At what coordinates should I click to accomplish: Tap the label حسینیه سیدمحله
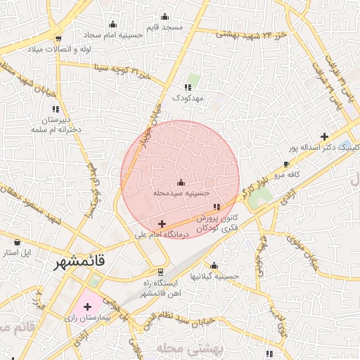(x=182, y=191)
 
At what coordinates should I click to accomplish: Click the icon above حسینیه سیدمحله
(x=181, y=182)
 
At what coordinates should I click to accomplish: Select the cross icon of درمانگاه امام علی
(x=162, y=224)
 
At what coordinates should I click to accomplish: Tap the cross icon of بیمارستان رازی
(x=87, y=307)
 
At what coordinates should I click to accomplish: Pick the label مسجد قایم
(x=163, y=26)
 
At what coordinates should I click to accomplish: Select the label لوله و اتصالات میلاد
(x=56, y=49)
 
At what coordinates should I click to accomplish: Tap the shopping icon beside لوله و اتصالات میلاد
(x=58, y=38)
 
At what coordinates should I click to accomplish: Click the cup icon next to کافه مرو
(x=286, y=163)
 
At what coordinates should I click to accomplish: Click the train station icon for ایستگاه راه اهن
(x=160, y=271)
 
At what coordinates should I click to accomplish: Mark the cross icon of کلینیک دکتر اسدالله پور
(x=324, y=136)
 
